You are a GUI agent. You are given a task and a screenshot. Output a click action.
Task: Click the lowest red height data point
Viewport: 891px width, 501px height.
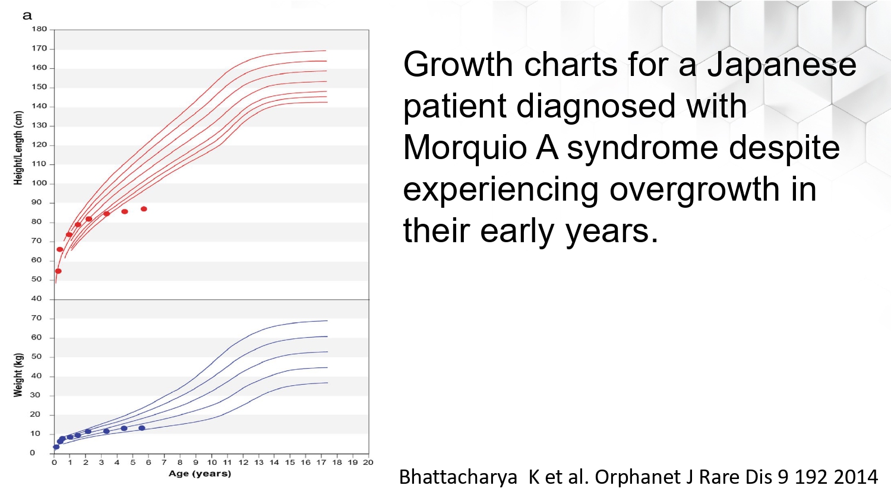point(58,271)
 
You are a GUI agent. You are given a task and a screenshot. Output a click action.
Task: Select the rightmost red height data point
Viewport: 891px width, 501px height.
point(144,209)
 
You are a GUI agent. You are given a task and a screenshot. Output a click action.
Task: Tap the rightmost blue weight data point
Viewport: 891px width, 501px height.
point(141,428)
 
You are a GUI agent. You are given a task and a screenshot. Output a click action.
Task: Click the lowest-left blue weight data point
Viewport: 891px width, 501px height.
point(56,447)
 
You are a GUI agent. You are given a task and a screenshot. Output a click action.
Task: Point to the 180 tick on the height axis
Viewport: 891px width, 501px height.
point(39,29)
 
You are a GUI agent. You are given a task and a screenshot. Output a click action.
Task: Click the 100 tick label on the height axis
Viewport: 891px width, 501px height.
point(39,183)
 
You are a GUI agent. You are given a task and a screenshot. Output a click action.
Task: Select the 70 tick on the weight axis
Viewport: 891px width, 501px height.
point(36,318)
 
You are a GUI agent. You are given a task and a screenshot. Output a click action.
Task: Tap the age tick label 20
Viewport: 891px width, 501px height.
point(368,462)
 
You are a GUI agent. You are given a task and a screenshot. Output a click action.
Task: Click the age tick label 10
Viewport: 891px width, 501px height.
point(211,462)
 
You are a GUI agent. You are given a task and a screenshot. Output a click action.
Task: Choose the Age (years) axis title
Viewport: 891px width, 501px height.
point(200,474)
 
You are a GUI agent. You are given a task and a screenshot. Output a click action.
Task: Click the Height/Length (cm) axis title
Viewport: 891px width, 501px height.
point(18,148)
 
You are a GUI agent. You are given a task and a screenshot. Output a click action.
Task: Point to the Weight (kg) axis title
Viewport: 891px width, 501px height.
point(18,375)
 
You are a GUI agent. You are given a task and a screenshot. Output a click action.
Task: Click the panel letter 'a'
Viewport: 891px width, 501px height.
point(27,16)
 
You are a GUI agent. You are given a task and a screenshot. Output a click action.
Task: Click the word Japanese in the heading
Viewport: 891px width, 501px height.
point(782,65)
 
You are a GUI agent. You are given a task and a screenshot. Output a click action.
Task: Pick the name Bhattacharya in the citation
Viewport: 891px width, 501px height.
point(458,477)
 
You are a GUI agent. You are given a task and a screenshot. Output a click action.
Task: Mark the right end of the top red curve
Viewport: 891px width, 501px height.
point(326,50)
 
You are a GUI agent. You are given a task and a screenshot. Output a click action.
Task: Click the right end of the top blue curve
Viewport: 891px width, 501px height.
point(327,321)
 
